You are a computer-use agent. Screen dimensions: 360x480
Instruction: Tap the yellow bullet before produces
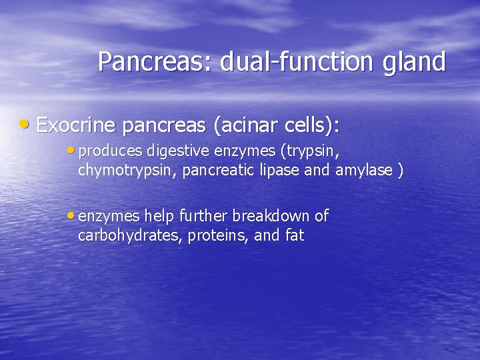click(71, 151)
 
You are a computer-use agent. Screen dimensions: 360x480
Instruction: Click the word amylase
click(364, 171)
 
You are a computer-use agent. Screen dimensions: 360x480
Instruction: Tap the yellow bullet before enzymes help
click(71, 215)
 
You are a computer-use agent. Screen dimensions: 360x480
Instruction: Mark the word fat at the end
click(293, 235)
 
